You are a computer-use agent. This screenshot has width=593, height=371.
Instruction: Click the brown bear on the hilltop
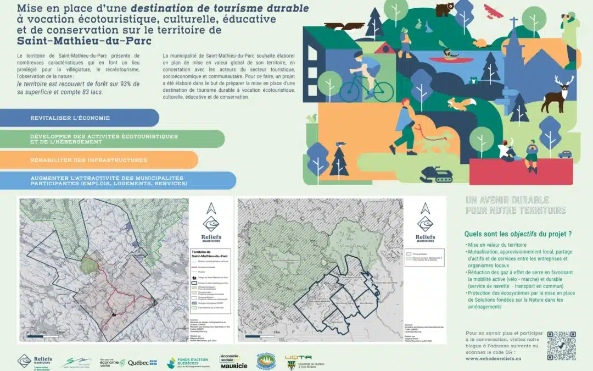[443, 9]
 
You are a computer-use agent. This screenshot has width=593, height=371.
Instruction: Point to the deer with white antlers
[556, 95]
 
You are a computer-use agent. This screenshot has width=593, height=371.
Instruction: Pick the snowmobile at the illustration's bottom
[437, 175]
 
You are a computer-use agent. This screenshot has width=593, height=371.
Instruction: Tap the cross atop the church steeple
[513, 24]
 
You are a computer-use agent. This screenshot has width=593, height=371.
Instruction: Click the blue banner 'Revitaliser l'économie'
[79, 118]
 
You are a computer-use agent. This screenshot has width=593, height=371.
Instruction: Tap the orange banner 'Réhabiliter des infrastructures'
[99, 160]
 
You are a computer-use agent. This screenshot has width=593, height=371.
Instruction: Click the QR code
[561, 345]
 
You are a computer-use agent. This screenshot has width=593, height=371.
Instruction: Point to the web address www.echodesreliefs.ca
[492, 358]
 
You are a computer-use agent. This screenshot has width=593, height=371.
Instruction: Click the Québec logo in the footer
[142, 362]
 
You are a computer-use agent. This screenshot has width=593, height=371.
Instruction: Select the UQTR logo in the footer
[299, 362]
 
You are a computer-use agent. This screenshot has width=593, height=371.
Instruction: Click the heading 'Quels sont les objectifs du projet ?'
[518, 234]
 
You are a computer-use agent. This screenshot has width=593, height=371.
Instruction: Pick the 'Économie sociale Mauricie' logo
[233, 362]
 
